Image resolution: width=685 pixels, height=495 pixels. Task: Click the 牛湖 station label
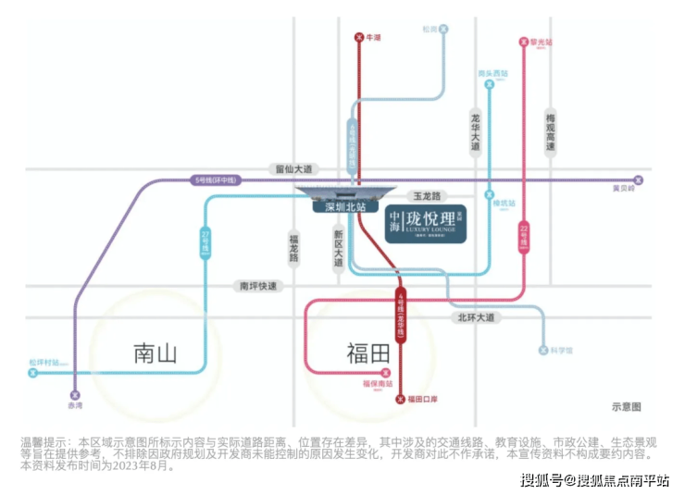point(374,37)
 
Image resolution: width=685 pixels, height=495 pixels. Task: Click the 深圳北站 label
point(339,207)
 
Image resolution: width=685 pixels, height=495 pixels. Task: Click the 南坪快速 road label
point(258,286)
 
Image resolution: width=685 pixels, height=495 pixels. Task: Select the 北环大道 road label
point(476,317)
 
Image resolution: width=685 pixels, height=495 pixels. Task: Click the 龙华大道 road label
point(476,132)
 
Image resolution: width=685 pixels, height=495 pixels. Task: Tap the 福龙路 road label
point(293,247)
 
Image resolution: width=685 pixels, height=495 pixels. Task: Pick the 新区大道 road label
point(339,247)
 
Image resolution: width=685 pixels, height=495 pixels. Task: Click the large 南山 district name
point(155,353)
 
